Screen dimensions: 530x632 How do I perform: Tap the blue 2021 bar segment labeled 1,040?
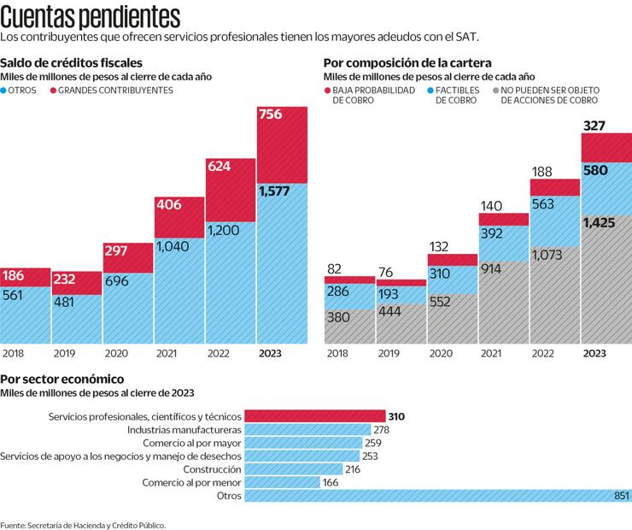179,291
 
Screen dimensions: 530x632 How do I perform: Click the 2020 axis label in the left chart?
115,352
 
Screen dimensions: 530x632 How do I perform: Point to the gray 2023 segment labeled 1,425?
606,282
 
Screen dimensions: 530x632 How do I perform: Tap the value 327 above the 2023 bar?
594,126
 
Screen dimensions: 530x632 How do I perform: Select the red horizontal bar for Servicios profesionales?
314,416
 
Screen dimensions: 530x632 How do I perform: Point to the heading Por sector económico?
62,379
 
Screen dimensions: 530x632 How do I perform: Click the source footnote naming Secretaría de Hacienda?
83,524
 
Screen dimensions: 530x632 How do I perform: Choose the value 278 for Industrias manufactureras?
381,429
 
